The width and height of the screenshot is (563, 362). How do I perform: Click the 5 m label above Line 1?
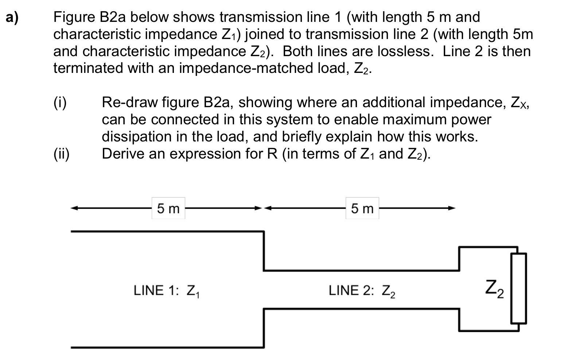(x=168, y=209)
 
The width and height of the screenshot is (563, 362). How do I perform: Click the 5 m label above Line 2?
(x=362, y=209)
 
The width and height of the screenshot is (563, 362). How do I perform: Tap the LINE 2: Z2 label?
(x=362, y=291)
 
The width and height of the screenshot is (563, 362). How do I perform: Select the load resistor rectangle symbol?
(x=518, y=288)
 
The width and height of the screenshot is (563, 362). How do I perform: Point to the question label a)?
(x=13, y=18)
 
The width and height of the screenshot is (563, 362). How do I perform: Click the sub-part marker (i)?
(x=60, y=102)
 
